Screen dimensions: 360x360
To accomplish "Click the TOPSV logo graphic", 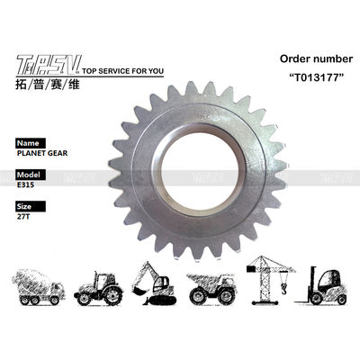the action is (x=49, y=65).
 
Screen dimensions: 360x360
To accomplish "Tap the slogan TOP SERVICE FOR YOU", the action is (x=122, y=71).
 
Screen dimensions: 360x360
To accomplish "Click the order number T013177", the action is (x=316, y=77).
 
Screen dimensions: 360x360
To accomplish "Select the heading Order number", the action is (x=316, y=58).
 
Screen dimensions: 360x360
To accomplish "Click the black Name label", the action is (x=31, y=143).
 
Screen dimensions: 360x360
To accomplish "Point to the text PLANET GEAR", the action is (x=42, y=153).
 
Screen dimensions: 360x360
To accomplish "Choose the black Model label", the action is (x=31, y=175).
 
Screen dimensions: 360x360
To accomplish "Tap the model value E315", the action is (x=25, y=184).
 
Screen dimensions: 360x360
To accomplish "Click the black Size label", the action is (x=31, y=206).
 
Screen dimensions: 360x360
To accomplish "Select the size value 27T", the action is (x=23, y=217).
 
